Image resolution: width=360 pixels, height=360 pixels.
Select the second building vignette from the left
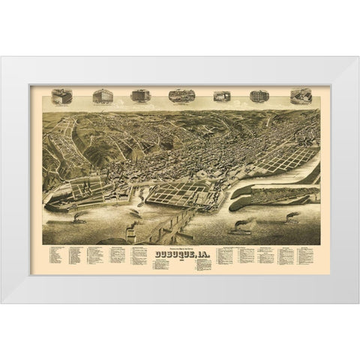(101, 96)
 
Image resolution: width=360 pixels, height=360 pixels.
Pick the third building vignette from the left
(139, 96)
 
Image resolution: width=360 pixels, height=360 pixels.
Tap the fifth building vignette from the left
(220, 96)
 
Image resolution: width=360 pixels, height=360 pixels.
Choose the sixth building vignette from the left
(257, 96)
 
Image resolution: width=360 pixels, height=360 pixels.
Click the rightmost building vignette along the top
(299, 96)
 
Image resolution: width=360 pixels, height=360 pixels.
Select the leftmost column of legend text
(53, 258)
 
